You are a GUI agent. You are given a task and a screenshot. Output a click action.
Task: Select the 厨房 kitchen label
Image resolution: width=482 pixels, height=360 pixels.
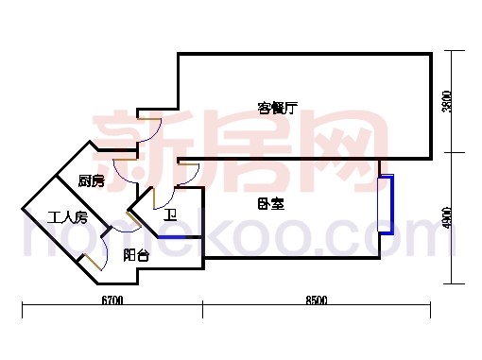pyautogui.click(x=91, y=180)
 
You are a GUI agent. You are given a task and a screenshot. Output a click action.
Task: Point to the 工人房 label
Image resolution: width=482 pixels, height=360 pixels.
pyautogui.click(x=68, y=217)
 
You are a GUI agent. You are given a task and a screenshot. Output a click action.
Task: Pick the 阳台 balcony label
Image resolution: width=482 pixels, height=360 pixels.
pyautogui.click(x=135, y=255)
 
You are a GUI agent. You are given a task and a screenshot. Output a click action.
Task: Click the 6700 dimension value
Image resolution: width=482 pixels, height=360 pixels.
pyautogui.click(x=111, y=300)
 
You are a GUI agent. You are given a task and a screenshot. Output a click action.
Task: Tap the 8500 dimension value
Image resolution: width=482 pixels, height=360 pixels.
pyautogui.click(x=316, y=300)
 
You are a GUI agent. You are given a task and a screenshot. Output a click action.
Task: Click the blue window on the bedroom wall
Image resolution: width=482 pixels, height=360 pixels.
pyautogui.click(x=385, y=204)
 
